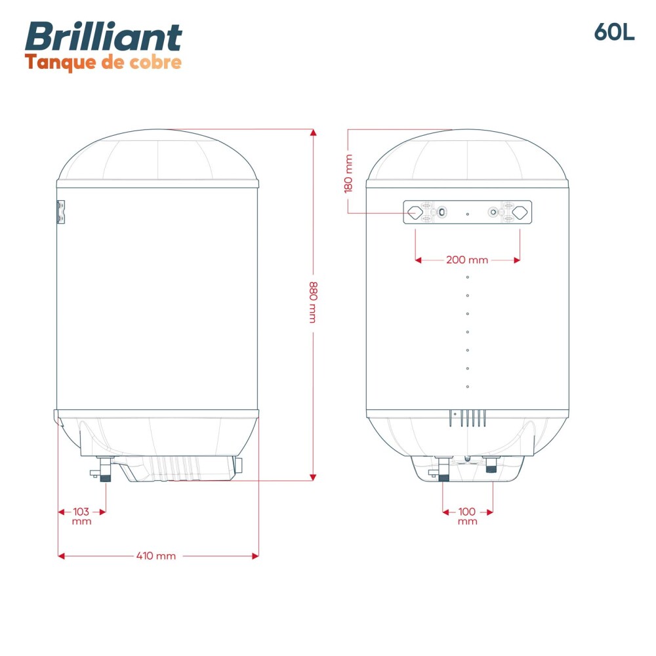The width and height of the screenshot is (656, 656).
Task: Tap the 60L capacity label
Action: point(614,32)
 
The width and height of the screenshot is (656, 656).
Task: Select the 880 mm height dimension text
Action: point(313,302)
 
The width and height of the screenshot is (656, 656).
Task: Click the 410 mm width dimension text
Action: point(156,556)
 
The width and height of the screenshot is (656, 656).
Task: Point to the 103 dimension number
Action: point(81,512)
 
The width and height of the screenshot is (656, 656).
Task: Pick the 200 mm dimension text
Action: point(467,260)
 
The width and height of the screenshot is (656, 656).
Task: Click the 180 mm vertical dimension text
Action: point(348,173)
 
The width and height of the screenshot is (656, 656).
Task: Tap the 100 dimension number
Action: point(467,512)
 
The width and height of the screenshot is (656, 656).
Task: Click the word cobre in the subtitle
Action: point(156,62)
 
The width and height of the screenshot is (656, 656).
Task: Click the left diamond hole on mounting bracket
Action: point(415,212)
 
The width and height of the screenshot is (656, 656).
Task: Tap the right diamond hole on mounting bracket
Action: point(520,212)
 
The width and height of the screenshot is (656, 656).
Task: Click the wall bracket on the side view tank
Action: point(60,212)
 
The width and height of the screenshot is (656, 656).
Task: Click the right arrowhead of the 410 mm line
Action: point(255,556)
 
